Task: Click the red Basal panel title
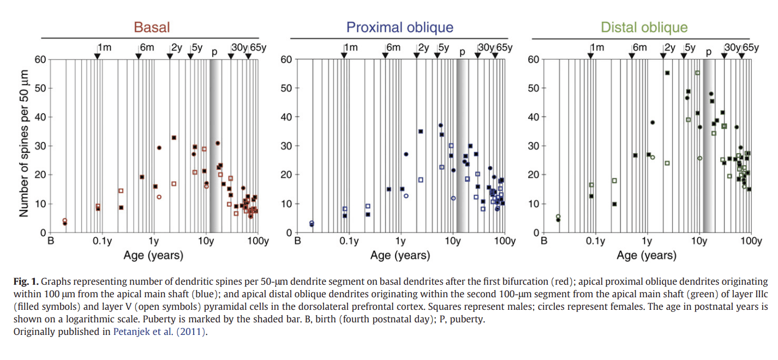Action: [152, 27]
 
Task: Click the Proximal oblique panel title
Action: [400, 27]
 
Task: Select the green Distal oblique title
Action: [644, 27]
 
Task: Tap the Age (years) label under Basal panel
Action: [153, 255]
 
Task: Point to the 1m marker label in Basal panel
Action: [104, 47]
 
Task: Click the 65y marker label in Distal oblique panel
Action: [750, 47]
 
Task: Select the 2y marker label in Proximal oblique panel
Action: [423, 47]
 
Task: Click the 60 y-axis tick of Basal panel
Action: [40, 59]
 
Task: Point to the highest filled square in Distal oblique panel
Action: [667, 73]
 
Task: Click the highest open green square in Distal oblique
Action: [697, 73]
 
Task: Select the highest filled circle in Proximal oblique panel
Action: [440, 125]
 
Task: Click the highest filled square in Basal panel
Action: [174, 137]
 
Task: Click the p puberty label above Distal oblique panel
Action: [709, 52]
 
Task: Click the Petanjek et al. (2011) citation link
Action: [159, 332]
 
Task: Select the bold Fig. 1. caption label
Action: [26, 282]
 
